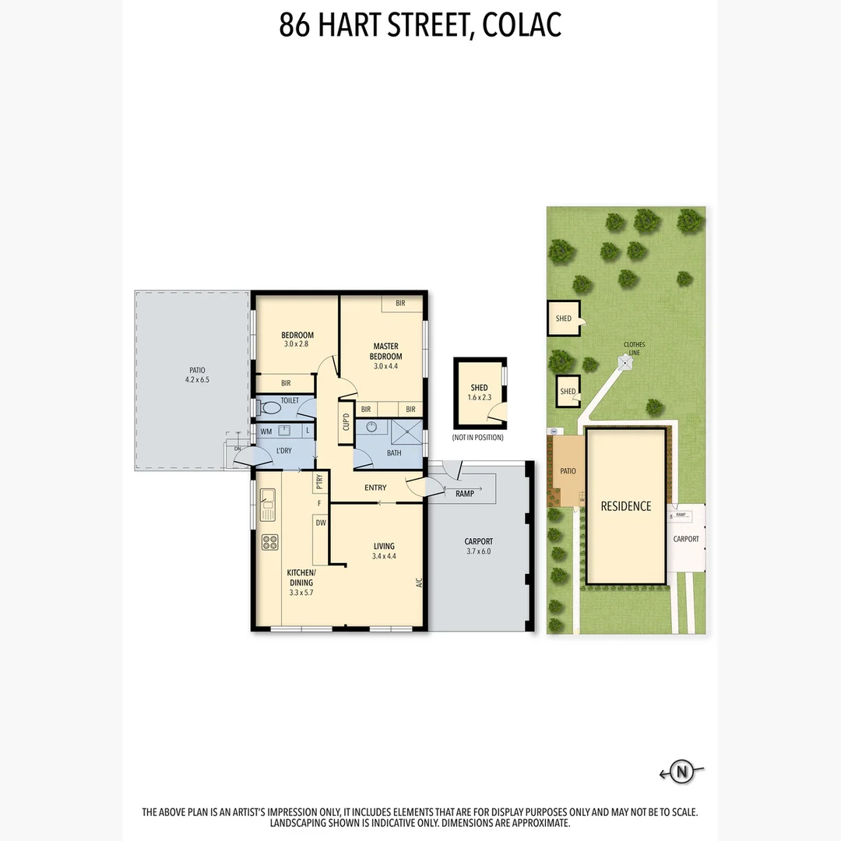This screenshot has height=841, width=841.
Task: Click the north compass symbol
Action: point(682,772)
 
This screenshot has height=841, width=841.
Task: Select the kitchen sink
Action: point(269,504)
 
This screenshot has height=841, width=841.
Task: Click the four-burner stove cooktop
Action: point(270,542)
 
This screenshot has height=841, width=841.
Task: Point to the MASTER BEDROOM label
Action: point(385,351)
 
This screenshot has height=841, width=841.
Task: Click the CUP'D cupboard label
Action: point(346,421)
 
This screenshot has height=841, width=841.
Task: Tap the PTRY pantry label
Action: point(319,483)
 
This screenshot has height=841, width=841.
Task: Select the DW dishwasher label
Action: point(320,523)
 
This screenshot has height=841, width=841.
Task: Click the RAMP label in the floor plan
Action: point(464,494)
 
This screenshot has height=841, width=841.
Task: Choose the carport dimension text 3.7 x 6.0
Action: point(479,551)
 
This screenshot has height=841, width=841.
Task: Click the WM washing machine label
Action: point(266,431)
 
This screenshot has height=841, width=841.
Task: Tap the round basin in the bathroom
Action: point(372,427)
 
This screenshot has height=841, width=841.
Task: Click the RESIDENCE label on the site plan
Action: point(625,506)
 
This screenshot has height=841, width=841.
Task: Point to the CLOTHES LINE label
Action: point(634,348)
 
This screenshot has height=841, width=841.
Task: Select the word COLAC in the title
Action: point(522,25)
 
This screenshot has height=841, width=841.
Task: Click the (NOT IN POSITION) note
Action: point(477,438)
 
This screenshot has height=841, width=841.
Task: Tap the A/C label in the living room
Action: point(418,582)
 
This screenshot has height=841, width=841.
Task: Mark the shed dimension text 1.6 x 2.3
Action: point(479,397)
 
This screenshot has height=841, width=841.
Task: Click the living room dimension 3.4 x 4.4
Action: point(384,556)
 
